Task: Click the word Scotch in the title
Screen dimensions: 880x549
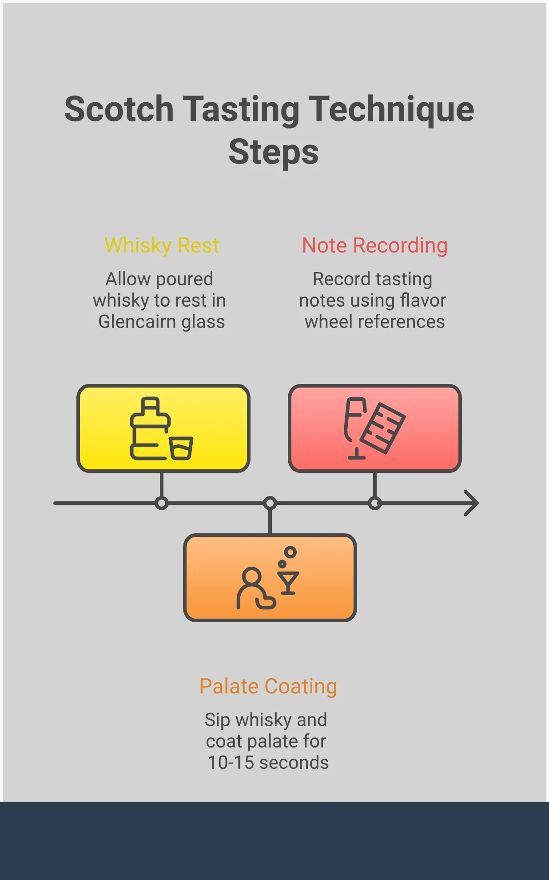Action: (119, 109)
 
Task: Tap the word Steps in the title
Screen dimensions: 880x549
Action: (274, 152)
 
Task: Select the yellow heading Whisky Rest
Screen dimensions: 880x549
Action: (162, 245)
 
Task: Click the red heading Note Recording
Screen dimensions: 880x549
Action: (374, 245)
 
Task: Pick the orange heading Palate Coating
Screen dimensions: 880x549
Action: (268, 686)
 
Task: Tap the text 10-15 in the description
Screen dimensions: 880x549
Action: (231, 762)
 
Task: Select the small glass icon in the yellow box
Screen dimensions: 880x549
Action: (181, 448)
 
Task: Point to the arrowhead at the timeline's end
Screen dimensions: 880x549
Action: (472, 503)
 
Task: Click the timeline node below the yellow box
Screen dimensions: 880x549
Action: (162, 503)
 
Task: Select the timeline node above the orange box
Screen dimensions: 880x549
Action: (270, 503)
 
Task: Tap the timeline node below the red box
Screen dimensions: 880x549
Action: (375, 503)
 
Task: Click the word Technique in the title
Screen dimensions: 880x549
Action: (391, 109)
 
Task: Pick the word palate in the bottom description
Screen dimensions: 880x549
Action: (272, 741)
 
